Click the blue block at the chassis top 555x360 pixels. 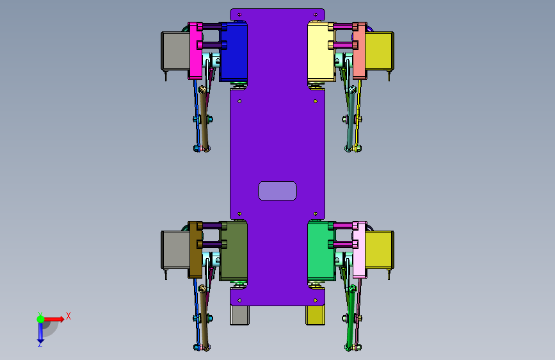pyautogui.click(x=234, y=51)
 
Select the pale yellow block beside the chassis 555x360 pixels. pyautogui.click(x=321, y=51)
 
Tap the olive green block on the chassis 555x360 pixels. pyautogui.click(x=234, y=250)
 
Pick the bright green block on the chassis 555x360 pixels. pyautogui.click(x=321, y=250)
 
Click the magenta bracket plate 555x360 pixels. pyautogui.click(x=195, y=51)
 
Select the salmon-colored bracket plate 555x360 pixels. pyautogui.click(x=360, y=51)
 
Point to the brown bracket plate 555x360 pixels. pyautogui.click(x=195, y=250)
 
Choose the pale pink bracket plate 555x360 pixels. pyautogui.click(x=360, y=250)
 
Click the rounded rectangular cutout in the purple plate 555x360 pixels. pyautogui.click(x=278, y=191)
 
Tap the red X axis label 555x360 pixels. pyautogui.click(x=68, y=316)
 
